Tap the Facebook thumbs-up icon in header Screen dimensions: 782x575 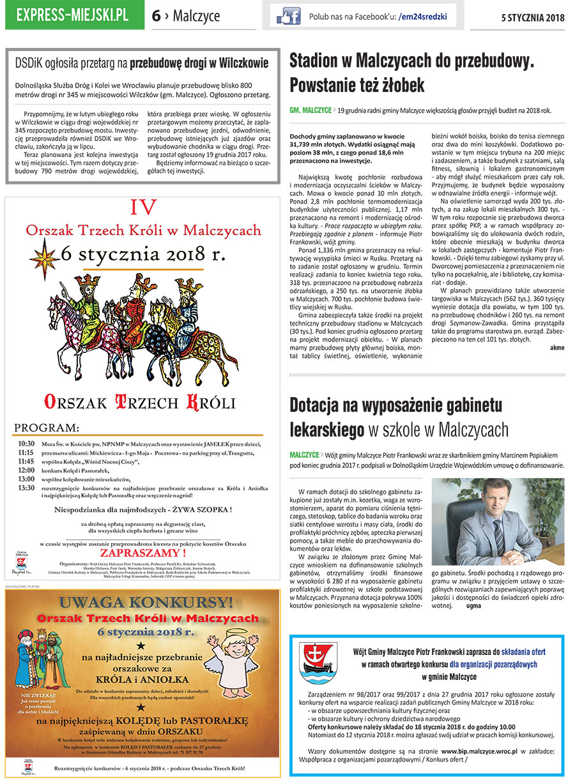point(288,17)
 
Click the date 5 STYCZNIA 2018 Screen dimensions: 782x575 point(532,17)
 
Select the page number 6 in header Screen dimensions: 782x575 point(157,16)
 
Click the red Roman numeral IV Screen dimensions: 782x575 point(142,207)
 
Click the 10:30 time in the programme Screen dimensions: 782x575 point(26,444)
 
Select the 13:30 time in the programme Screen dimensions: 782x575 point(26,488)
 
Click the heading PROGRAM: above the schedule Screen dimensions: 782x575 point(47,427)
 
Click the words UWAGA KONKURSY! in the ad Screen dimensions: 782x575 point(142,604)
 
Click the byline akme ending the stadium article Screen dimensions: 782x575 point(556,347)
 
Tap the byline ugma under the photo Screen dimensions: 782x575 point(473,605)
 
